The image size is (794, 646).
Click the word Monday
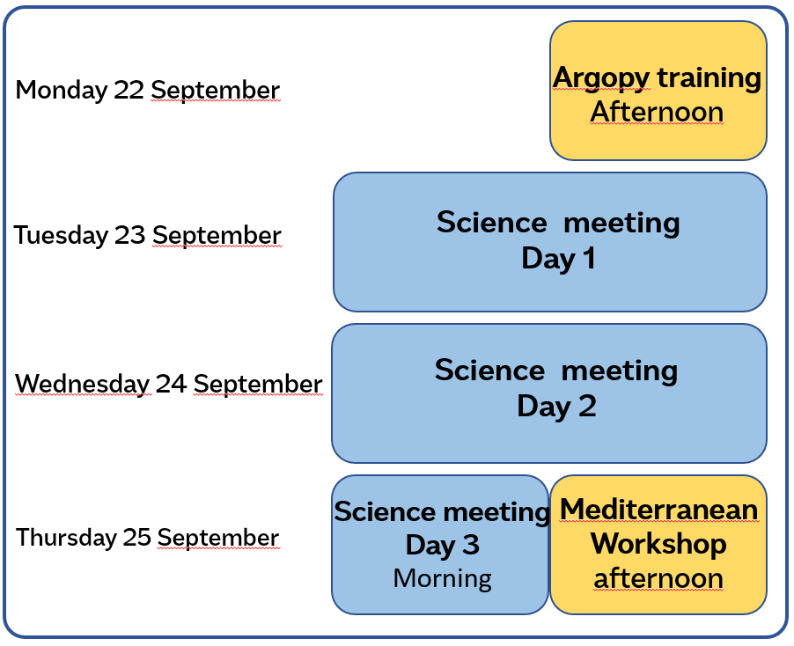tap(61, 91)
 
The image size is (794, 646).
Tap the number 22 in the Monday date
tap(129, 90)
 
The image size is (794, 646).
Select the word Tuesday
tap(61, 236)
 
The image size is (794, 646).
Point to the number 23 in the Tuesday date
tap(130, 235)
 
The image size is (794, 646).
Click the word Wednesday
tap(83, 384)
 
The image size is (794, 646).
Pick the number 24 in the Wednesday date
tap(171, 384)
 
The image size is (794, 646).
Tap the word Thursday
tap(66, 537)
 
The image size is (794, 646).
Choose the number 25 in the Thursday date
tap(137, 537)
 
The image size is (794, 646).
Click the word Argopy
tap(601, 79)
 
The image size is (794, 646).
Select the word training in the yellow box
tap(709, 78)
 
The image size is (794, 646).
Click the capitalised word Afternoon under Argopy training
tap(657, 112)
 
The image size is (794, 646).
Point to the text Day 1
tap(558, 259)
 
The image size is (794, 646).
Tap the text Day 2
tap(556, 407)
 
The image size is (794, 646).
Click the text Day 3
tap(443, 546)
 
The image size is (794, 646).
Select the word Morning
tap(443, 578)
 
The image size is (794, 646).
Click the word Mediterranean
tap(658, 510)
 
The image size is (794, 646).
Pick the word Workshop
tap(658, 544)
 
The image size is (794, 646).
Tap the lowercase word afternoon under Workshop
tap(658, 578)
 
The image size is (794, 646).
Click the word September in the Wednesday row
tap(258, 385)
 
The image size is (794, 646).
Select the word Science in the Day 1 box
tap(492, 223)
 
